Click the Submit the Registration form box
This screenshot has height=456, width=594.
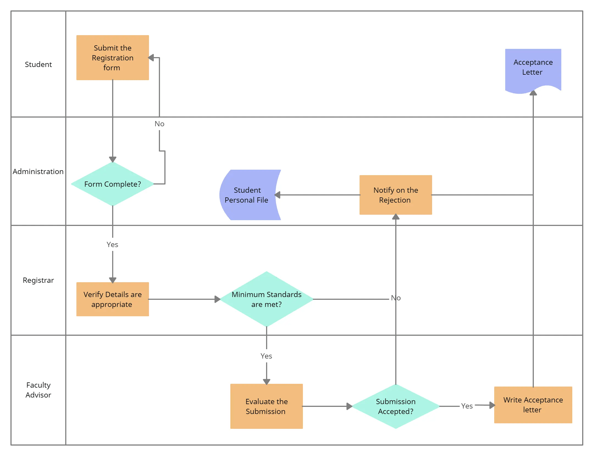(112, 58)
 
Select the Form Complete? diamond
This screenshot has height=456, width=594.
(112, 184)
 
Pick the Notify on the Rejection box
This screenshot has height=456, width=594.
(396, 195)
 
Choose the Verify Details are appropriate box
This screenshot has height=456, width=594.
(112, 299)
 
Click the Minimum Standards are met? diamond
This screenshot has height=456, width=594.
(266, 299)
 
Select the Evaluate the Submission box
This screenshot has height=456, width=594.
(266, 406)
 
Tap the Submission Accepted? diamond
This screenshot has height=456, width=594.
(396, 406)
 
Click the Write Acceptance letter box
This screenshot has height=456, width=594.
(533, 405)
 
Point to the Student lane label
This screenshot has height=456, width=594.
(38, 65)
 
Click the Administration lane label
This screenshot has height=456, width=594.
(38, 172)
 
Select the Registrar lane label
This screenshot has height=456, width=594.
(38, 280)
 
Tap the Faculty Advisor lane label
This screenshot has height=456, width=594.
(38, 390)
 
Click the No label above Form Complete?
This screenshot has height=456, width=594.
(159, 124)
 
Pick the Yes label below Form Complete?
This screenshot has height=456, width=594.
(112, 245)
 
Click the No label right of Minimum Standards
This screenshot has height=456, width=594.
(396, 298)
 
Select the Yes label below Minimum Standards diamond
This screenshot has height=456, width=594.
(266, 356)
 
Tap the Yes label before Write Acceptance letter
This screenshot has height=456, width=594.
(467, 406)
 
